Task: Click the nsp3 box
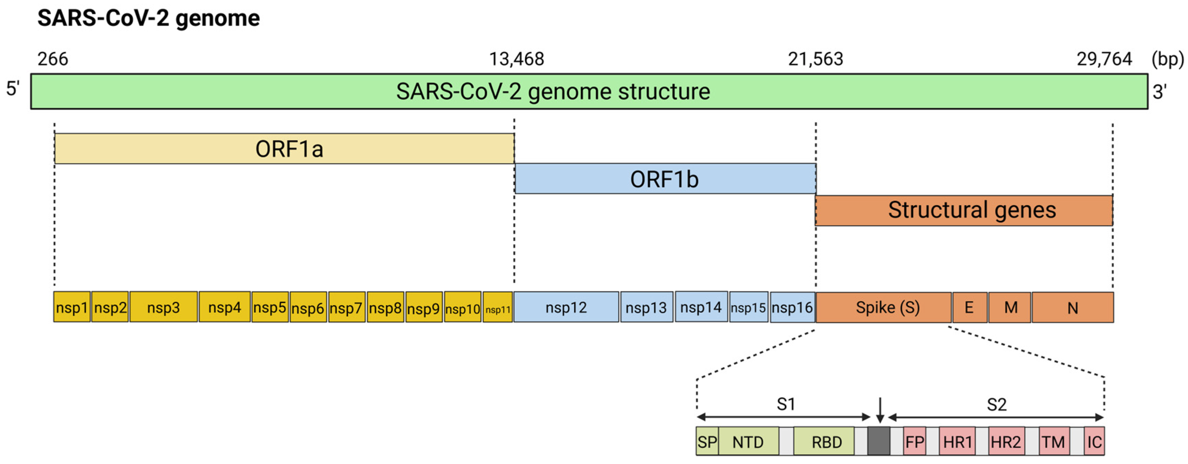tap(163, 307)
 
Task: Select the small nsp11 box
tap(498, 307)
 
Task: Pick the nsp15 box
tap(748, 307)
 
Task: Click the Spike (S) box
tap(883, 307)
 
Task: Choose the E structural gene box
tap(970, 307)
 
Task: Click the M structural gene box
tap(1010, 307)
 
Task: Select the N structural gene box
tap(1072, 307)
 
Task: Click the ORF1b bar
tap(665, 179)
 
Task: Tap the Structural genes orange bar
tap(964, 210)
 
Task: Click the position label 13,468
tap(516, 59)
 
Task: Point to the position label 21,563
tap(815, 59)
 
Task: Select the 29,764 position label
tap(1104, 59)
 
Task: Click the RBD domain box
tap(824, 441)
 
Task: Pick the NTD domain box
tap(748, 441)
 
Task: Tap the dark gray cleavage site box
tap(879, 441)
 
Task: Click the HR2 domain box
tap(1005, 441)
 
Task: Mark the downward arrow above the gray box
tap(880, 410)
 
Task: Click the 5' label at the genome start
tap(13, 89)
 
